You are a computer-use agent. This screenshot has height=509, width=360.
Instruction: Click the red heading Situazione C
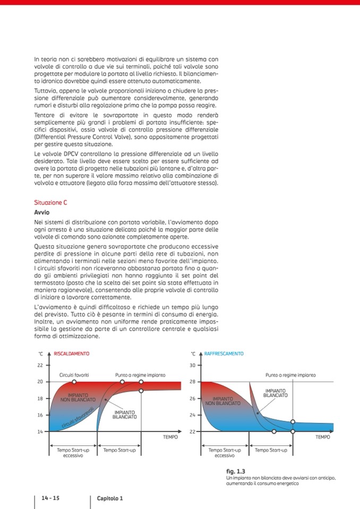click(x=50, y=203)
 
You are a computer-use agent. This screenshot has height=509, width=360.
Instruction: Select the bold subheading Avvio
click(x=41, y=212)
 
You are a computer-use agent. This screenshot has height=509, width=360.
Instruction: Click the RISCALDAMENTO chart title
click(x=72, y=353)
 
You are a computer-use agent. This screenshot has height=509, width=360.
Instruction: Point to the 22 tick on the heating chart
click(x=40, y=365)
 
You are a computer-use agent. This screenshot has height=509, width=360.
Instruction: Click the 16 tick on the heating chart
click(x=40, y=415)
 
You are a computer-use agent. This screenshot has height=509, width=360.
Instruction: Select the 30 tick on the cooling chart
click(x=193, y=365)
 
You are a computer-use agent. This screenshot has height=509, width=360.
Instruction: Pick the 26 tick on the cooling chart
click(x=193, y=398)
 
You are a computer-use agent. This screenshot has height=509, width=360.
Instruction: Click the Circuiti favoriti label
click(x=73, y=375)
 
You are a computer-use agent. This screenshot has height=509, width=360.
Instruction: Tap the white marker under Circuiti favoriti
click(x=74, y=382)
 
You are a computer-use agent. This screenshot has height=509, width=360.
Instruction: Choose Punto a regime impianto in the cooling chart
click(x=290, y=375)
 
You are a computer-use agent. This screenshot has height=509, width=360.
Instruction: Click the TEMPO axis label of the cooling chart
click(x=323, y=437)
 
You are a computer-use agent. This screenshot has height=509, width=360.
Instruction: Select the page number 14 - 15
click(x=48, y=498)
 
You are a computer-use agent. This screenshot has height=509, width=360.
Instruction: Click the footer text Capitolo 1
click(x=110, y=498)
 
